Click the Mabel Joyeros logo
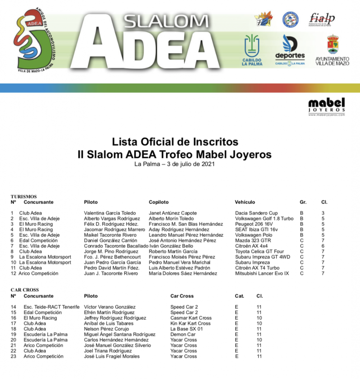[x=326, y=107]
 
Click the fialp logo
[x=322, y=19]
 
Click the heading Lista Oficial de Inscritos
[x=175, y=141]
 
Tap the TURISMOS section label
[x=24, y=197]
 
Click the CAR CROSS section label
[x=25, y=290]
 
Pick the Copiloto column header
[x=159, y=202]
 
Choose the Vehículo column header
[x=245, y=202]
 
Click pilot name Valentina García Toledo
[x=110, y=213]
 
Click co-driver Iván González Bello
[x=171, y=246]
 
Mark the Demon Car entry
[x=183, y=334]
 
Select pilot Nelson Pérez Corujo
[x=106, y=329]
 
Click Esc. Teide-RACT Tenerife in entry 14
[x=51, y=307]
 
